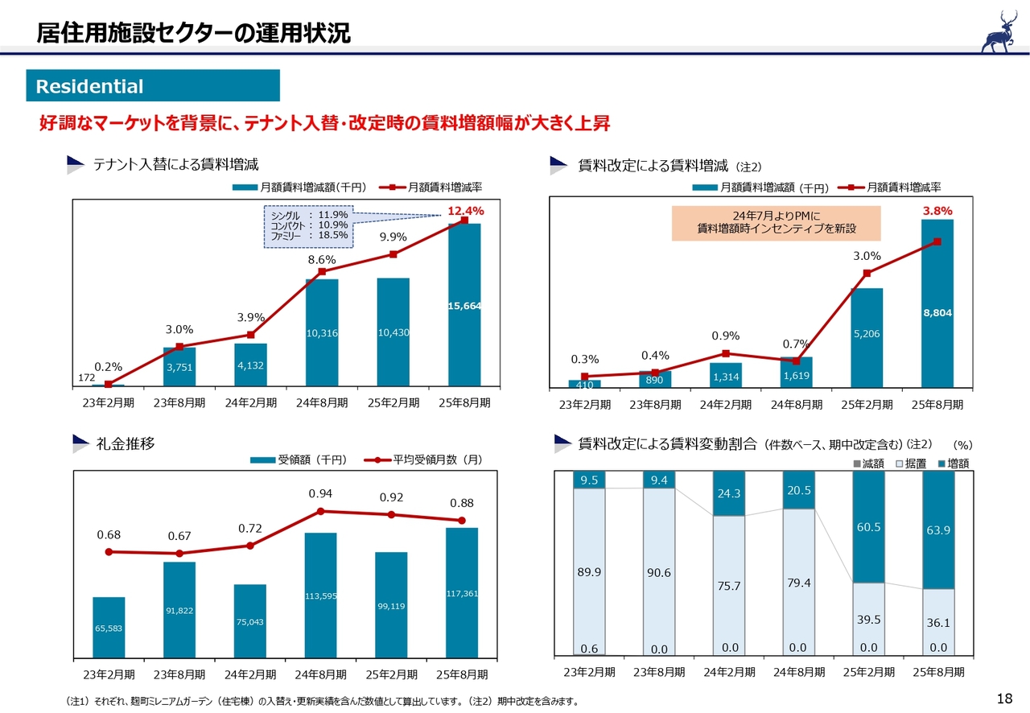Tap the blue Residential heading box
[x=153, y=86]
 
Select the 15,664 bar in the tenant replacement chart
[x=464, y=306]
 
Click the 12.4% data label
[x=465, y=211]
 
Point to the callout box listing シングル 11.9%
[x=309, y=225]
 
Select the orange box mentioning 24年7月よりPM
[x=776, y=223]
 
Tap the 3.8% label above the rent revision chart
[x=937, y=211]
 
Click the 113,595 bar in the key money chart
[x=320, y=596]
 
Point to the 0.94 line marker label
[x=320, y=493]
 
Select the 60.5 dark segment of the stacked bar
[x=868, y=527]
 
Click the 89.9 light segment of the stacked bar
[x=588, y=571]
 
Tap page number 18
[x=1003, y=698]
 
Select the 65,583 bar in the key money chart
[x=109, y=628]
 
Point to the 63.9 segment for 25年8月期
[x=938, y=530]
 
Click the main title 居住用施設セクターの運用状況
[x=193, y=33]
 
